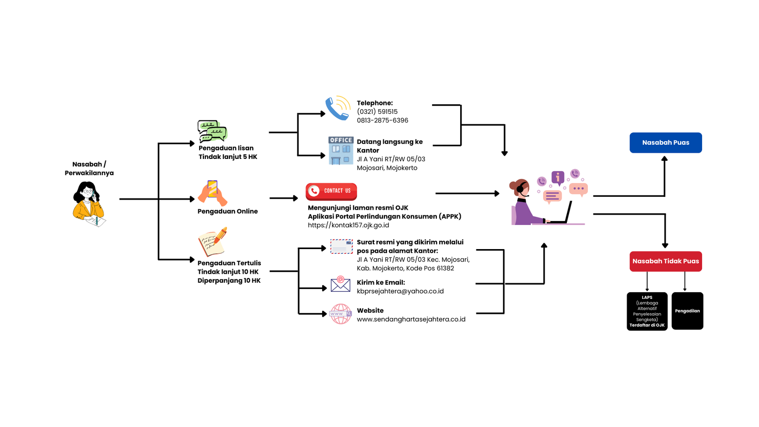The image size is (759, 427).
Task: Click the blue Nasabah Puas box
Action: [x=666, y=142]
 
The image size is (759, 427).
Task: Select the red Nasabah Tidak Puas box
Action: [x=666, y=261]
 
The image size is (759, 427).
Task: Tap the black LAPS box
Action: [x=647, y=311]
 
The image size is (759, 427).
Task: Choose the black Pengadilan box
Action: [x=687, y=311]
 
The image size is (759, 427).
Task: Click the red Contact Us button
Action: [x=331, y=191]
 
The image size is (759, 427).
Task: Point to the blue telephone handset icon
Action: [x=336, y=109]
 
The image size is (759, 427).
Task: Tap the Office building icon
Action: [x=341, y=150]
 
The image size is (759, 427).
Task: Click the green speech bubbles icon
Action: [x=212, y=131]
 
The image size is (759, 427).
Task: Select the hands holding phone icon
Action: [x=213, y=192]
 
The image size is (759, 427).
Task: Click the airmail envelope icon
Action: [x=342, y=247]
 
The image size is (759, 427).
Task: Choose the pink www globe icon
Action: [x=340, y=314]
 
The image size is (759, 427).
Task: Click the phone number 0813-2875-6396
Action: [x=382, y=121]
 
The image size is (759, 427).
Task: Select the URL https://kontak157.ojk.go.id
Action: [x=348, y=225]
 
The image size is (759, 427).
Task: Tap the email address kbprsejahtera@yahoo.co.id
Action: [x=400, y=291]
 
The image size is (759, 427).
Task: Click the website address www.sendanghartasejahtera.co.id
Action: [x=411, y=319]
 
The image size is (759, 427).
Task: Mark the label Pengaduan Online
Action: [x=228, y=212]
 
